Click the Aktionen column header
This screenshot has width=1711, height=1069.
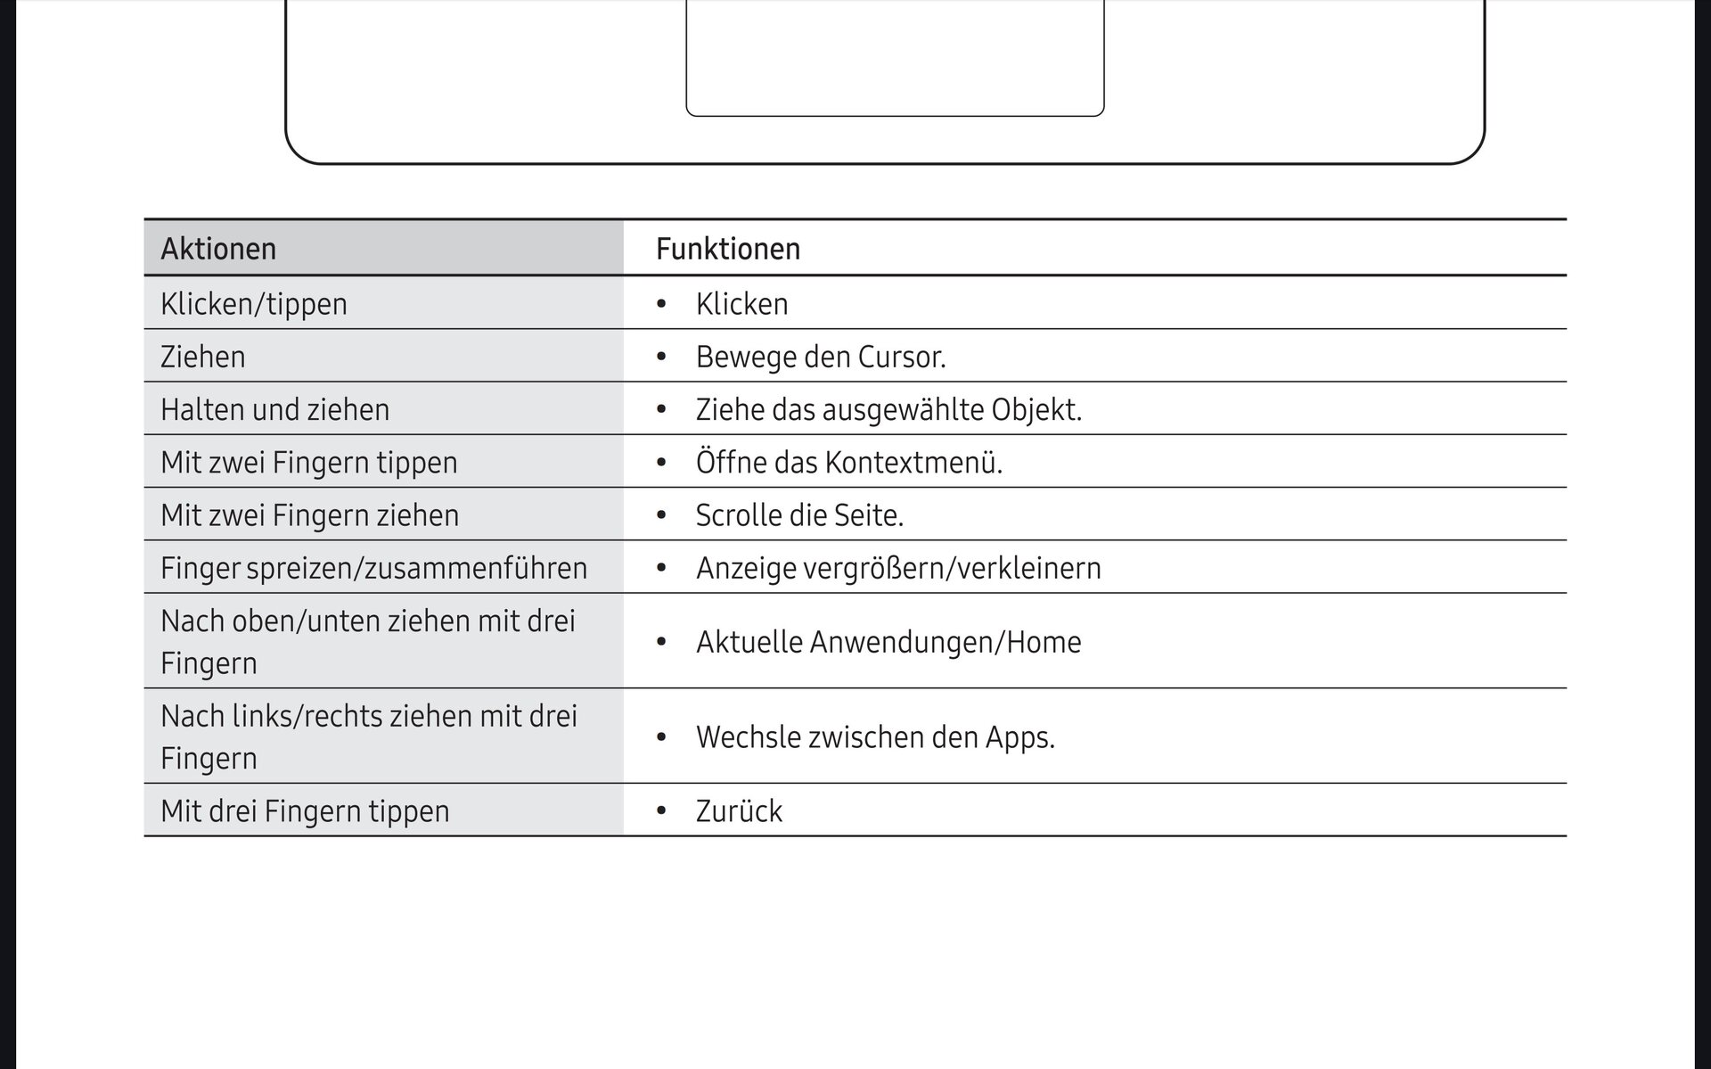click(x=218, y=249)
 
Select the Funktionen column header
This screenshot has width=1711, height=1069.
click(x=728, y=249)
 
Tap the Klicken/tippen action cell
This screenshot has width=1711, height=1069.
click(x=254, y=304)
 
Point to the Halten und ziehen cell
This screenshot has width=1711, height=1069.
click(x=275, y=409)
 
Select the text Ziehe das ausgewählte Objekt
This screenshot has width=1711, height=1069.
click(x=888, y=409)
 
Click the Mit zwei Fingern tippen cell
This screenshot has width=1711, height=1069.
click(x=309, y=462)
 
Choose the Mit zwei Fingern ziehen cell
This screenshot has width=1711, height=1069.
click(x=310, y=515)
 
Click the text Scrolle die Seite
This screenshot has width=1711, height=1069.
click(x=799, y=515)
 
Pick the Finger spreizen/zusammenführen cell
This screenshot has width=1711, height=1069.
click(x=374, y=568)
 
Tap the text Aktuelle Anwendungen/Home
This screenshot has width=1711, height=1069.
click(x=888, y=642)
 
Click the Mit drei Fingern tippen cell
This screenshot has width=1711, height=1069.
click(x=305, y=811)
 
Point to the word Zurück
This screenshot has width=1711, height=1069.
click(x=739, y=811)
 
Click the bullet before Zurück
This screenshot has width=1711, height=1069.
click(x=661, y=811)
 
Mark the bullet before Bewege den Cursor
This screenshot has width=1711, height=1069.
click(x=661, y=357)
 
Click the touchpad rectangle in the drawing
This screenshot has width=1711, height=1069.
click(x=895, y=58)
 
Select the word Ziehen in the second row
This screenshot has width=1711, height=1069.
click(x=203, y=357)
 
